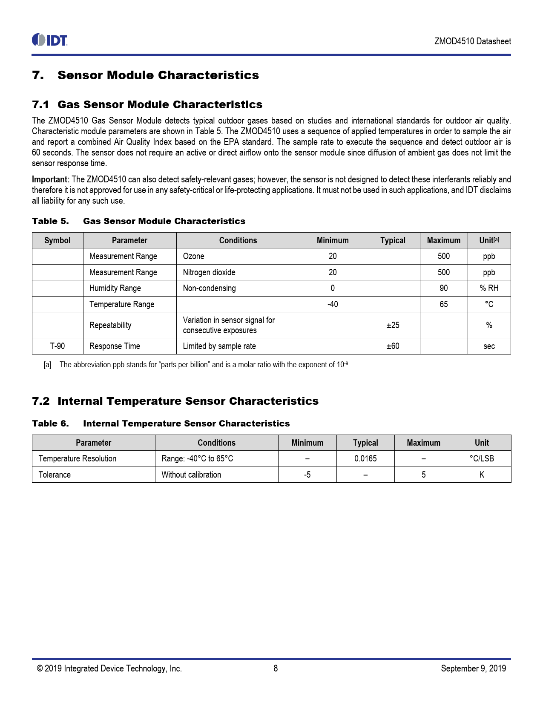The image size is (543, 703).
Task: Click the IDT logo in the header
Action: (50, 40)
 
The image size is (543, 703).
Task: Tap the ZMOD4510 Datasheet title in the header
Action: (472, 41)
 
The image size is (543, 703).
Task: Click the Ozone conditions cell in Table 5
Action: (194, 256)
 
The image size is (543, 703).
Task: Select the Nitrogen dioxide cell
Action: (209, 272)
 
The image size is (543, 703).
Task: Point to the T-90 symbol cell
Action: (57, 346)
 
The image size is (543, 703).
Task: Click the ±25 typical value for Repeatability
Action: (393, 325)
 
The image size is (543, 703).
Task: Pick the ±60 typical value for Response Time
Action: (393, 346)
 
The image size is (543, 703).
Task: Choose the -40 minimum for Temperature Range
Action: (333, 304)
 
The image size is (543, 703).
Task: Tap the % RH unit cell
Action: (489, 288)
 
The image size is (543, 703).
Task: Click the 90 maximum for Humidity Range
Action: (443, 288)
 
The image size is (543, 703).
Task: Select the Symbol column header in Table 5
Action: (57, 240)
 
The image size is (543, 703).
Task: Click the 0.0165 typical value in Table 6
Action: (365, 458)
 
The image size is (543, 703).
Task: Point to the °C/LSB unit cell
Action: (482, 458)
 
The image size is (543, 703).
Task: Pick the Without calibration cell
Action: (191, 475)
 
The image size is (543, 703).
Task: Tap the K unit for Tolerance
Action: (482, 475)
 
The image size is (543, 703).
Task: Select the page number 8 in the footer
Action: (276, 668)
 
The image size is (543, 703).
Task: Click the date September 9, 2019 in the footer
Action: (473, 668)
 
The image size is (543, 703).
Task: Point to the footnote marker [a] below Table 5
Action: (47, 365)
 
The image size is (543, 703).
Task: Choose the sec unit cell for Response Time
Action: (489, 346)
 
